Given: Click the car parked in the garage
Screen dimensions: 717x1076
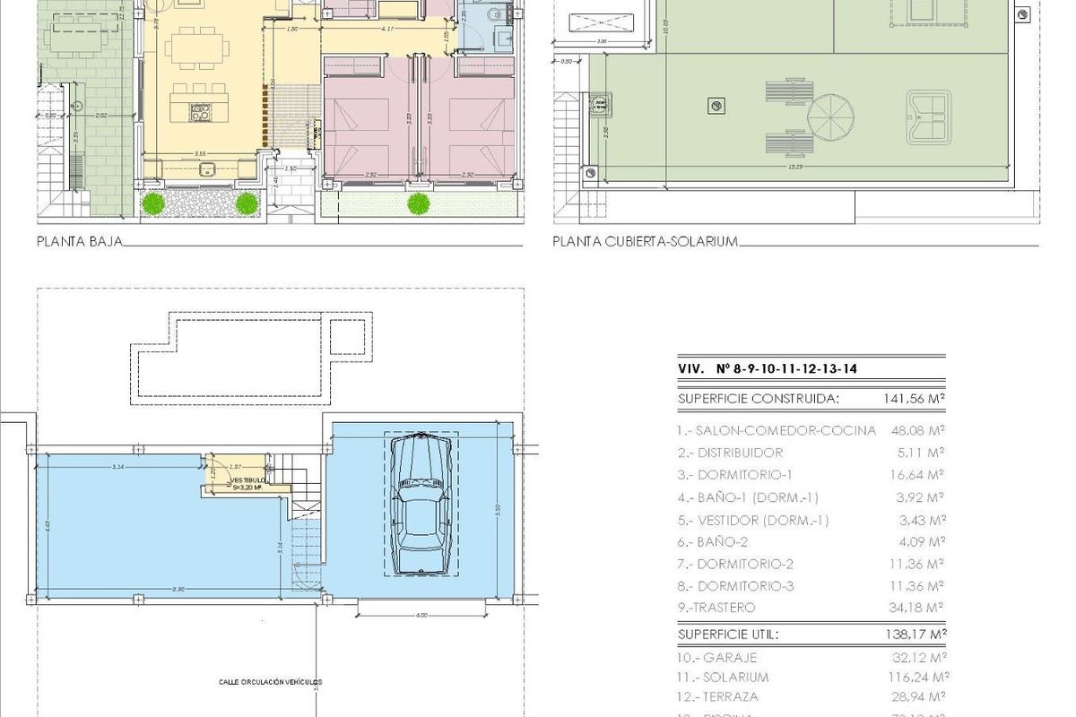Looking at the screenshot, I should click(x=421, y=506).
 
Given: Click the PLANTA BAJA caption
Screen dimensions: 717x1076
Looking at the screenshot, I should click(x=79, y=241).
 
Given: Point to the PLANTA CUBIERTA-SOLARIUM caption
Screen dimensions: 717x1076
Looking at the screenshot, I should click(x=645, y=241).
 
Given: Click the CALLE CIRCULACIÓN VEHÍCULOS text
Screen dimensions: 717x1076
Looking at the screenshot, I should click(x=270, y=682).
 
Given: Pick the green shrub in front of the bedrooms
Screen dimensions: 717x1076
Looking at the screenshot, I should click(x=418, y=204).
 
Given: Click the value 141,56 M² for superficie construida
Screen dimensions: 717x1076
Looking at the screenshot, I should click(x=912, y=399).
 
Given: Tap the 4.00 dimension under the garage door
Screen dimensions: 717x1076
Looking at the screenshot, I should click(x=421, y=615).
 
